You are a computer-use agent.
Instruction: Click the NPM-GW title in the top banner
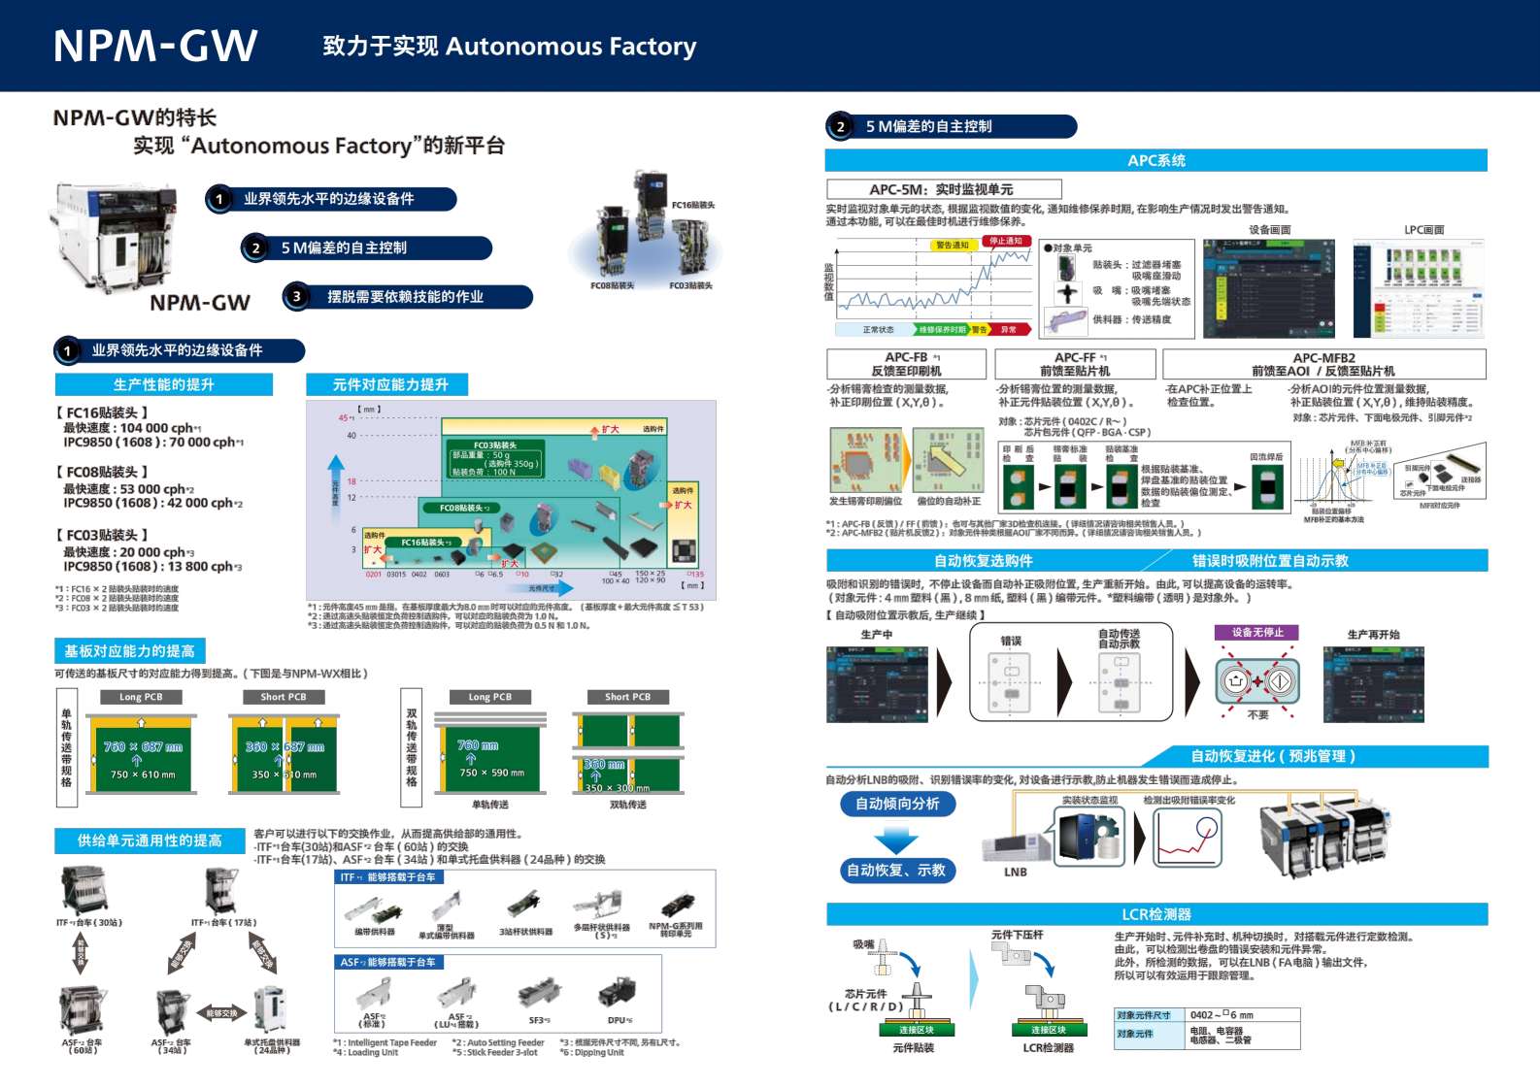pos(155,46)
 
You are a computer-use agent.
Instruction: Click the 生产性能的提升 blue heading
pos(163,385)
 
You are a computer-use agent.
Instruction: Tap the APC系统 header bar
pos(1155,161)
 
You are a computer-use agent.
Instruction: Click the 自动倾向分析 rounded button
pos(896,804)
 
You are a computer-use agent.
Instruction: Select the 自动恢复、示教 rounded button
pos(896,871)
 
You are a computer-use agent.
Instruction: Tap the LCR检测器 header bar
pos(1155,914)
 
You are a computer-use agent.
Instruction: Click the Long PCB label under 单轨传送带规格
pos(141,697)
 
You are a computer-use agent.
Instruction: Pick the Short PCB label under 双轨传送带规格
pos(627,697)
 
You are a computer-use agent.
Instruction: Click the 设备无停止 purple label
pos(1257,633)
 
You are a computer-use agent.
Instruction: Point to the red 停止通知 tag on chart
pos(1005,241)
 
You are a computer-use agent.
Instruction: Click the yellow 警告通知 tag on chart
pos(952,246)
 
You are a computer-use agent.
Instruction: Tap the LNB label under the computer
pos(1016,873)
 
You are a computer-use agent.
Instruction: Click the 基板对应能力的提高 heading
pos(129,651)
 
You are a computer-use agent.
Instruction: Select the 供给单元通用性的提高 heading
pos(150,841)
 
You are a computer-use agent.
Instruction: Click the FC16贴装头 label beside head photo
pos(692,206)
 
